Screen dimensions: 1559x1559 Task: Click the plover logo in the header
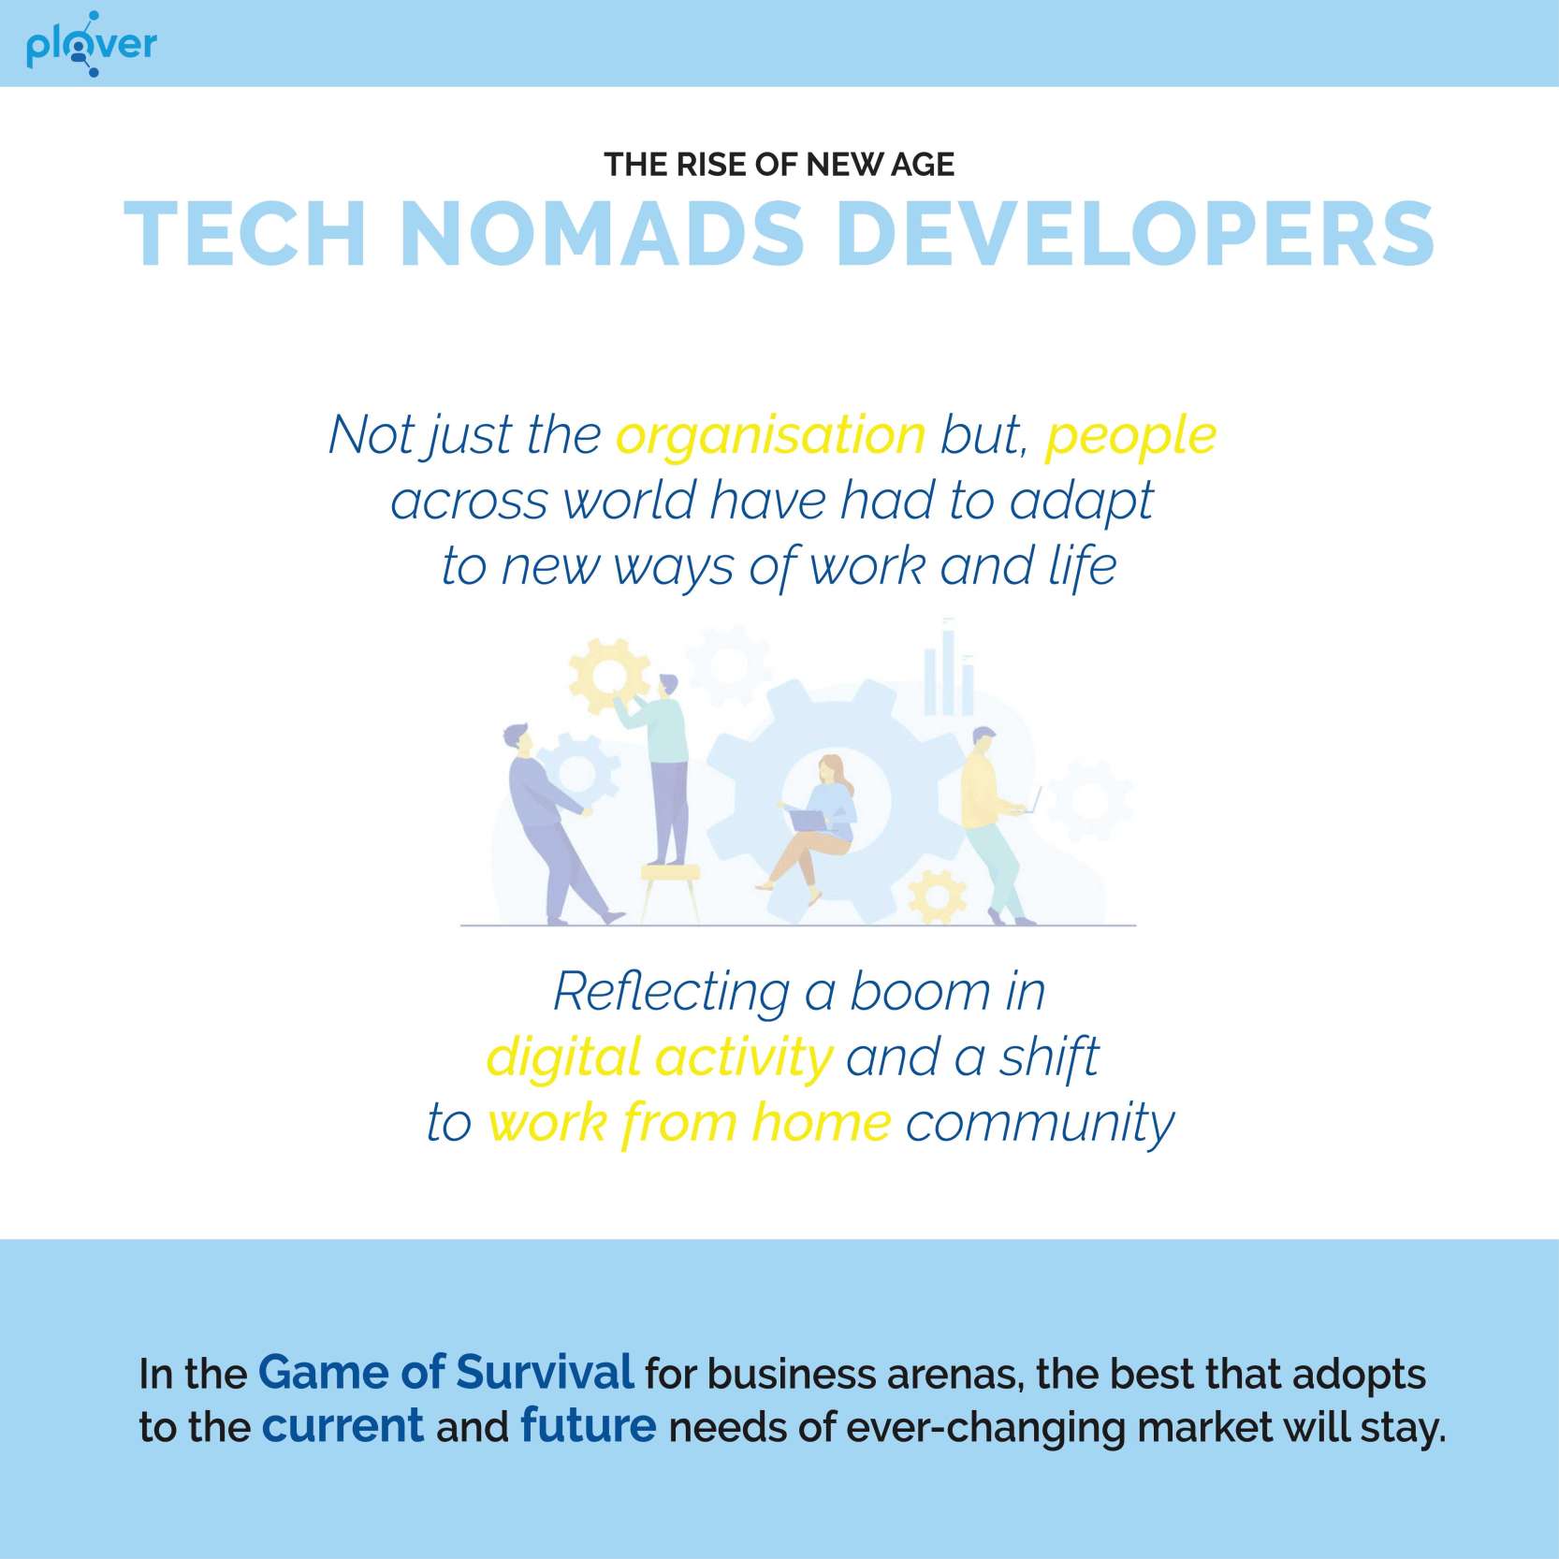(91, 44)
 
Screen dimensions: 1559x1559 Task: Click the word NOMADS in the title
(603, 233)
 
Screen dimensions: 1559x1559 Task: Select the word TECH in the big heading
(245, 233)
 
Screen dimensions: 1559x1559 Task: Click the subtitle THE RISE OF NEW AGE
(779, 165)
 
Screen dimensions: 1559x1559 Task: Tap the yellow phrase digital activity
(659, 1058)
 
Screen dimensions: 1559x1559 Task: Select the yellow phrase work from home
(689, 1122)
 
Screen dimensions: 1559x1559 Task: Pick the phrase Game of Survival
(445, 1373)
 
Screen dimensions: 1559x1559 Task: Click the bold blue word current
(342, 1426)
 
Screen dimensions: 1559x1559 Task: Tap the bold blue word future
(588, 1426)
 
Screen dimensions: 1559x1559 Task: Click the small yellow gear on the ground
(938, 896)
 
